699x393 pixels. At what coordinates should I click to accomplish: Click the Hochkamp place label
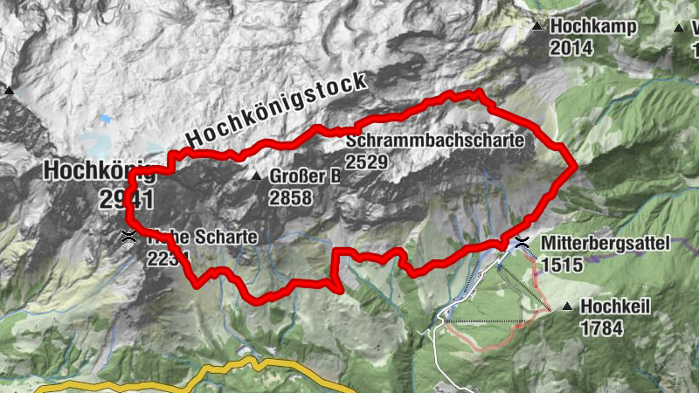(593, 27)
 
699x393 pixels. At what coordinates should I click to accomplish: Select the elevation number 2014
(571, 47)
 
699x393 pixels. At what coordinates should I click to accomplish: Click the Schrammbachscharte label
(434, 141)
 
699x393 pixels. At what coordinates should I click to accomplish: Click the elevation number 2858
(290, 197)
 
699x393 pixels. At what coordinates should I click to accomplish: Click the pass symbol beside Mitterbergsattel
(522, 242)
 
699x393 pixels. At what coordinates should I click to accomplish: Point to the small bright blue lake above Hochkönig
(105, 117)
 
